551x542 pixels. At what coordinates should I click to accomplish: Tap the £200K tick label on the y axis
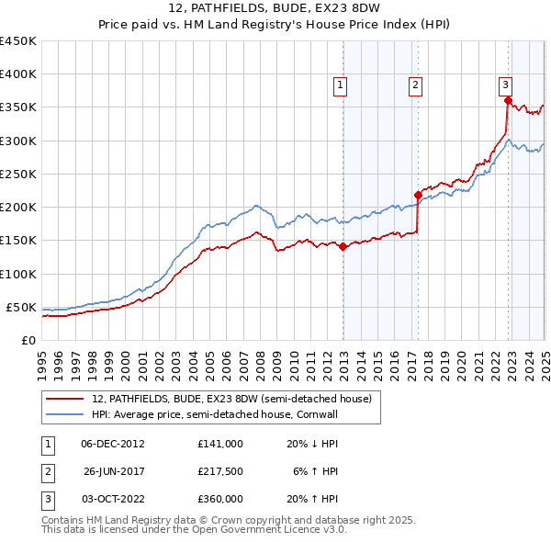18,207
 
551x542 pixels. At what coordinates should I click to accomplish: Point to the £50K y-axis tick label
22,307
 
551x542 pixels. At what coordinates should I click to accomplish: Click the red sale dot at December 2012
343,246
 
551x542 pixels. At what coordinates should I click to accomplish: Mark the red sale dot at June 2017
418,195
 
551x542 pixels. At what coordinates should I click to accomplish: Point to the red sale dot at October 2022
508,100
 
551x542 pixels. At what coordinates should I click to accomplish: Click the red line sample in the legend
66,399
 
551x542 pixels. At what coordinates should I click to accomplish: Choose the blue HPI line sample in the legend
66,415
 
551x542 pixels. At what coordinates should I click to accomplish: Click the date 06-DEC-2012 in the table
113,443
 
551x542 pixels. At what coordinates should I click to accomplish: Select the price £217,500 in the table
220,471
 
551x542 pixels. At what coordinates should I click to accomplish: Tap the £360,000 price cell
220,499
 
